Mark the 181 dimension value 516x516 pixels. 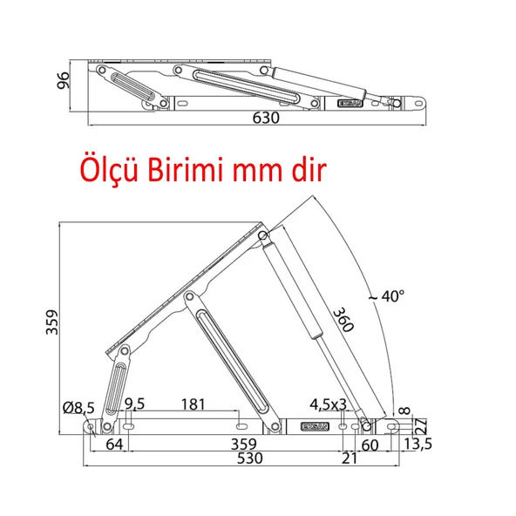click(x=193, y=404)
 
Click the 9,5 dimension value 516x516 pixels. click(x=134, y=404)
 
